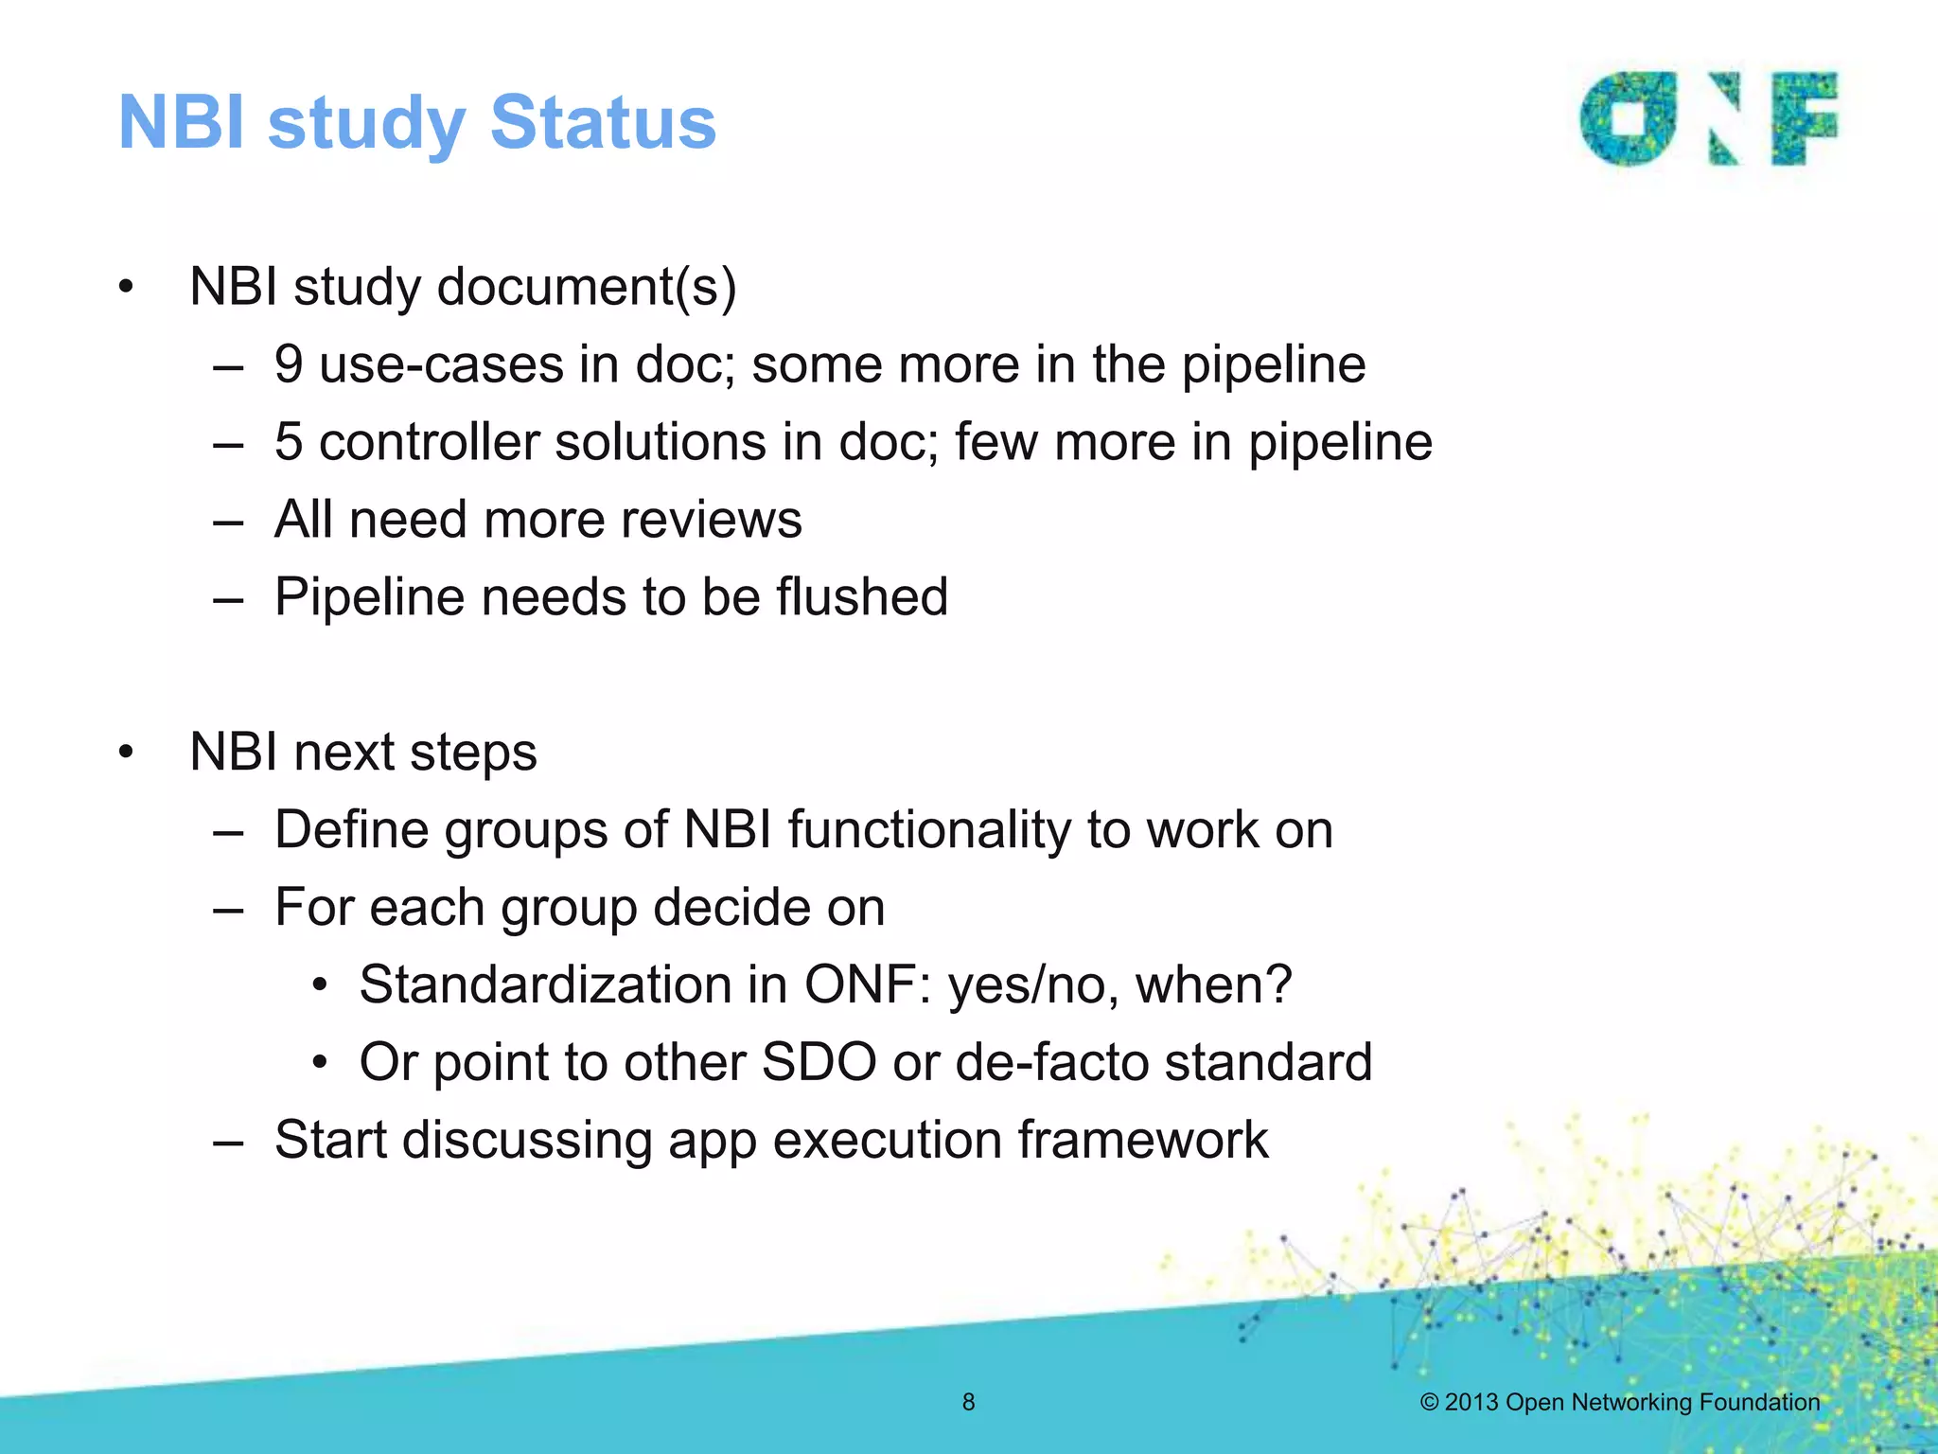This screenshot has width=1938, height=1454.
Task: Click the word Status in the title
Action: pyautogui.click(x=603, y=123)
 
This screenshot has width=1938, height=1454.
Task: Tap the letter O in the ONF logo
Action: pyautogui.click(x=1628, y=119)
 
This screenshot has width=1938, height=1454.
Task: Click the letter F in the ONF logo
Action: pyautogui.click(x=1803, y=119)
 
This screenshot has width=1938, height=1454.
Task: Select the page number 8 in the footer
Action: pyautogui.click(x=968, y=1402)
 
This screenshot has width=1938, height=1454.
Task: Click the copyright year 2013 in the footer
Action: pyautogui.click(x=1471, y=1402)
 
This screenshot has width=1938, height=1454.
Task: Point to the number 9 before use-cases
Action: pyautogui.click(x=289, y=364)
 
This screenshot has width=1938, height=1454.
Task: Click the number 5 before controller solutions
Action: pyautogui.click(x=289, y=442)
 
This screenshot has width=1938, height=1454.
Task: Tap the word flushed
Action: pyautogui.click(x=861, y=597)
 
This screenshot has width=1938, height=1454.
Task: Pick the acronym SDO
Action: pyautogui.click(x=819, y=1062)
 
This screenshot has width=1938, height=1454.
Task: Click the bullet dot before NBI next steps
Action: pyautogui.click(x=126, y=753)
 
